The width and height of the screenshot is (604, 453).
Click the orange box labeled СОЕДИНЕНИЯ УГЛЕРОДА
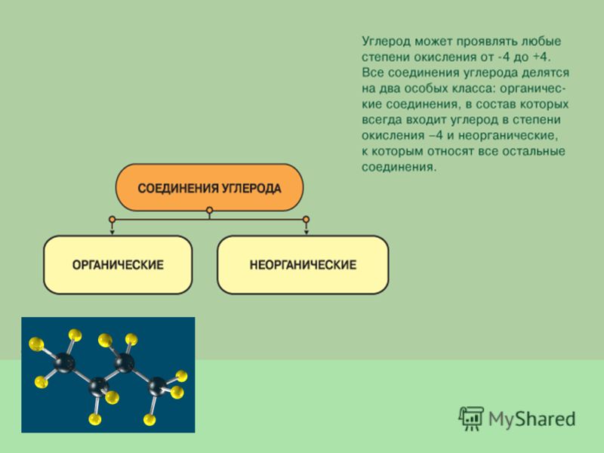tap(210, 187)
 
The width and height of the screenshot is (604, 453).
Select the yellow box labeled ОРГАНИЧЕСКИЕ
tap(118, 265)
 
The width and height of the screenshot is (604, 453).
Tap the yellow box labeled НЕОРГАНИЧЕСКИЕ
tap(303, 265)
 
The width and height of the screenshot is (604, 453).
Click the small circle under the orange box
tap(210, 211)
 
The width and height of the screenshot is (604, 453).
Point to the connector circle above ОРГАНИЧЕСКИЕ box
tap(112, 220)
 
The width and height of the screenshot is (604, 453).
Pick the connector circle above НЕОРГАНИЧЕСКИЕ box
tap(307, 220)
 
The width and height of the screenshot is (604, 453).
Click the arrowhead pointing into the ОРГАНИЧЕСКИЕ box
tap(112, 233)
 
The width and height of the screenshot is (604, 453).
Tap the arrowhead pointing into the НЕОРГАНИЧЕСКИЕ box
tap(307, 233)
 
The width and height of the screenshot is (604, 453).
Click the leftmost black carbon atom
tap(64, 362)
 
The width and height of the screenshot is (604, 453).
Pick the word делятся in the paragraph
tap(545, 72)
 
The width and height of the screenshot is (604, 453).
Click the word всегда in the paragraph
tap(382, 120)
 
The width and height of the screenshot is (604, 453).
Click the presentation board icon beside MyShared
tap(470, 418)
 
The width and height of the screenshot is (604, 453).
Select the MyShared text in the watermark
tap(532, 419)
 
